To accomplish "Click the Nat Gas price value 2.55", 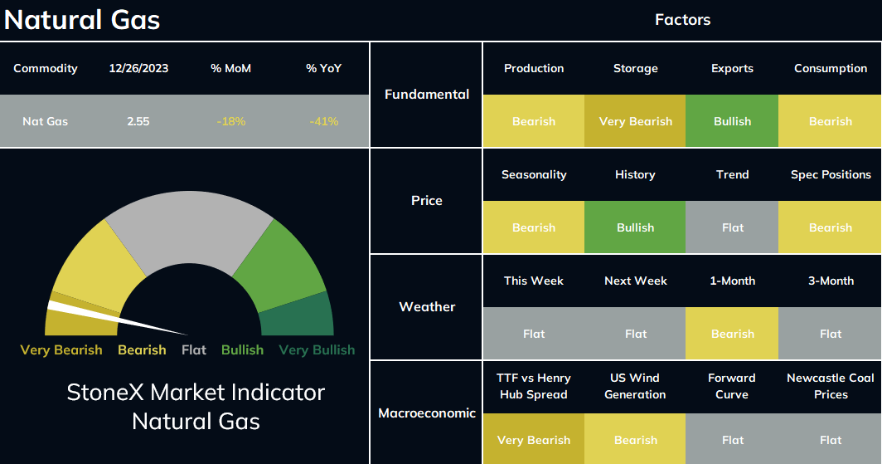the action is point(138,121).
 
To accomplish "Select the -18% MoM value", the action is point(230,121).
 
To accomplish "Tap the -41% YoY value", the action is point(323,121).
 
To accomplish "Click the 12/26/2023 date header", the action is point(138,68).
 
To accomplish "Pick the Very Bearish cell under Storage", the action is point(635,121).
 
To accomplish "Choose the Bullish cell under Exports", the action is point(732,121).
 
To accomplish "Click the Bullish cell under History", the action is point(635,227).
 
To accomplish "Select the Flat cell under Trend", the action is point(732,227).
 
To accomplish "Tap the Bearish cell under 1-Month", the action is point(732,334).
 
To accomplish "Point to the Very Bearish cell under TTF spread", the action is point(534,439).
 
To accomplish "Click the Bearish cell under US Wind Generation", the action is point(635,439).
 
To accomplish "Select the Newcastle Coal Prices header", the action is point(831,386).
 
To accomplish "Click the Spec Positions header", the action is point(831,174).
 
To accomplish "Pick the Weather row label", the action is point(427,307).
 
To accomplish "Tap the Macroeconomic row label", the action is point(427,413).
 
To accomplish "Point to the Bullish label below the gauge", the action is point(242,349).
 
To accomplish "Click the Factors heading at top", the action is point(682,20).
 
